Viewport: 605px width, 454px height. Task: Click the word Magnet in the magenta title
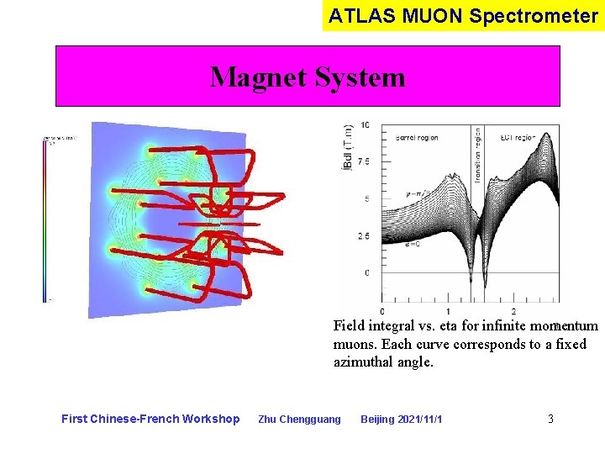(257, 77)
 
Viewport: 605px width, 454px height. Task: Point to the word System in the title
(359, 77)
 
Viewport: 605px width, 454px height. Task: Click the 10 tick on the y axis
(366, 125)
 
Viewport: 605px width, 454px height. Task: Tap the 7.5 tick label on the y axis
(364, 161)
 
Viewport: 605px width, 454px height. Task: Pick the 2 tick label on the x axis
(513, 312)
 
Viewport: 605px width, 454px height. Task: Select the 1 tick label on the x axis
(448, 312)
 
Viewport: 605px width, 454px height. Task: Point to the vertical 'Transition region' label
(478, 150)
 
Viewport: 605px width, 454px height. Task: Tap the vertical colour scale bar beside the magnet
(45, 219)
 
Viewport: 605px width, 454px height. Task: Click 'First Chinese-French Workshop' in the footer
(150, 419)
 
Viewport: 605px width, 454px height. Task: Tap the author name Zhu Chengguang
(299, 420)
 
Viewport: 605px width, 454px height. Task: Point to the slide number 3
(550, 419)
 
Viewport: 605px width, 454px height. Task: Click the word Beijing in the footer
(377, 420)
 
